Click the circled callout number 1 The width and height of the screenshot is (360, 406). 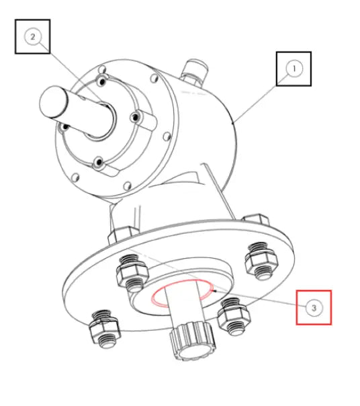294,69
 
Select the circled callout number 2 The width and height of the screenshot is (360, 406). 33,37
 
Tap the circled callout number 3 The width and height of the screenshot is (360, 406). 314,308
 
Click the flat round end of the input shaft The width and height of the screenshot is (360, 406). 53,102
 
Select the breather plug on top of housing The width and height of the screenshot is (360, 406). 194,72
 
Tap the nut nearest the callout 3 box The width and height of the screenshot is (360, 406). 234,317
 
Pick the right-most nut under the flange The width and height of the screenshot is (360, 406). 261,261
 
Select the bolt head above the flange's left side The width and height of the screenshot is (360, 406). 122,235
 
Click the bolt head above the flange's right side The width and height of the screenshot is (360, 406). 256,219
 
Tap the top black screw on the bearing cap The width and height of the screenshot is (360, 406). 102,81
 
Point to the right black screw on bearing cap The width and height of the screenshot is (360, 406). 135,118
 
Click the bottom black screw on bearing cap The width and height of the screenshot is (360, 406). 99,163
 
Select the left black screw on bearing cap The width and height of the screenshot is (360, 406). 64,127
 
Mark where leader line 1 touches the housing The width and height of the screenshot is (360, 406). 234,122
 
